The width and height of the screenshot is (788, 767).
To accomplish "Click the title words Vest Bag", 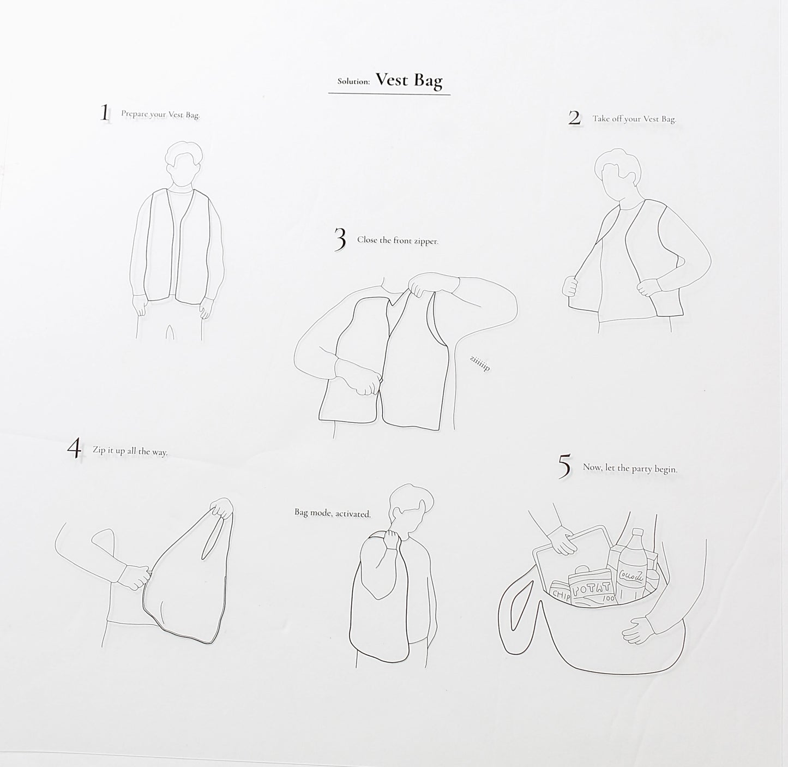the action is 409,81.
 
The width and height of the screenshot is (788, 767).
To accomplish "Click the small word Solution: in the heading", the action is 353,81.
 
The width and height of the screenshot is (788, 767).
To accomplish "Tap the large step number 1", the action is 105,112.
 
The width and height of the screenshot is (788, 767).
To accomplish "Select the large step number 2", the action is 574,118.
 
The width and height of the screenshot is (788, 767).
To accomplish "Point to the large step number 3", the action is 340,239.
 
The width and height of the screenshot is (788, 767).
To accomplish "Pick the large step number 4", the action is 74,449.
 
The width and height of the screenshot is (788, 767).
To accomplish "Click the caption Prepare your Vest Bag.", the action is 160,115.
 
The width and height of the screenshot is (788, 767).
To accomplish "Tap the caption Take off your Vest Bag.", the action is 634,119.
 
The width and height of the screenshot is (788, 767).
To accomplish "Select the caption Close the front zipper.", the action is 398,241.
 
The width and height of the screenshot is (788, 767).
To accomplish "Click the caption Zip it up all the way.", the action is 130,451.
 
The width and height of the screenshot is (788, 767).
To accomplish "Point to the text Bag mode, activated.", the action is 333,513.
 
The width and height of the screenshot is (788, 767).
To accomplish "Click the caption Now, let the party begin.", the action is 630,469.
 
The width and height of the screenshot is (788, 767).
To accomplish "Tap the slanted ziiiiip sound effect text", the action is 480,363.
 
